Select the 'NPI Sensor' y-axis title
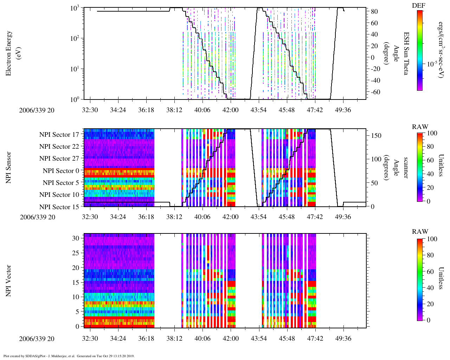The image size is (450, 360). pyautogui.click(x=8, y=168)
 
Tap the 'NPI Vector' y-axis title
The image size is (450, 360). pyautogui.click(x=8, y=281)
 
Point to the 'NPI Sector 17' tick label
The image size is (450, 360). pyautogui.click(x=59, y=135)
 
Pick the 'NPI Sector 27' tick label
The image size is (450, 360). pyautogui.click(x=59, y=159)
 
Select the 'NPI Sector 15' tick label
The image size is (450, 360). pyautogui.click(x=59, y=207)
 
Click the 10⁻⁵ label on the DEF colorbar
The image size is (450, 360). pyautogui.click(x=432, y=64)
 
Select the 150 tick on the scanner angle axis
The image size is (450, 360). pyautogui.click(x=376, y=135)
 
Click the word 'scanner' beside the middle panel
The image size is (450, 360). pyautogui.click(x=406, y=168)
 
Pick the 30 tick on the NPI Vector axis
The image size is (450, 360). pyautogui.click(x=76, y=238)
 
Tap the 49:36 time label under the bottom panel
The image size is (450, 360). pyautogui.click(x=343, y=339)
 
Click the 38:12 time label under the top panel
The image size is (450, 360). pyautogui.click(x=174, y=110)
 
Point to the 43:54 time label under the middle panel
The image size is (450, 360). pyautogui.click(x=258, y=217)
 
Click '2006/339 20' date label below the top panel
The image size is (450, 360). pyautogui.click(x=37, y=110)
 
